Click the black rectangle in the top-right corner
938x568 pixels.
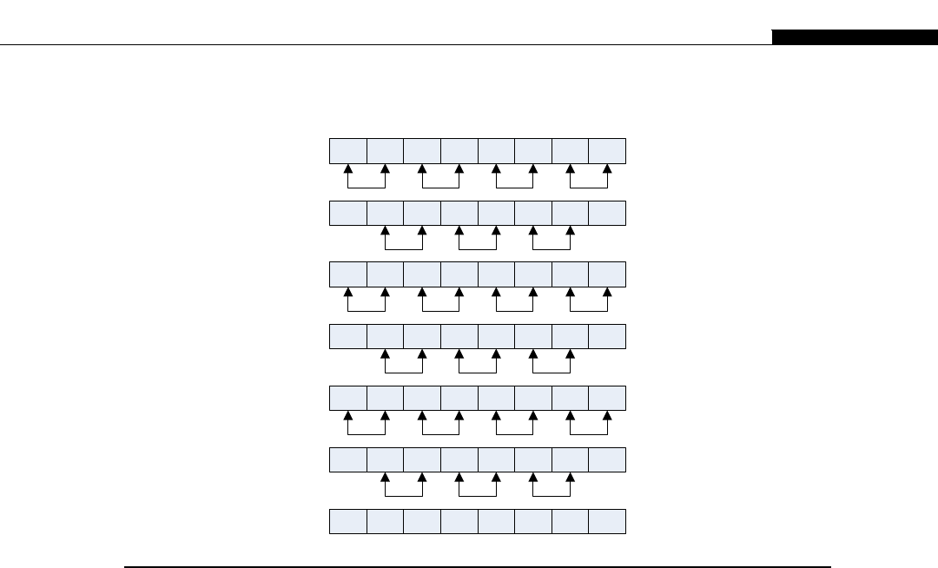855,37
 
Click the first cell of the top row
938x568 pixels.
347,151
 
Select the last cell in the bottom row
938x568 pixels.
607,522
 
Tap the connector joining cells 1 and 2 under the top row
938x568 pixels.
367,188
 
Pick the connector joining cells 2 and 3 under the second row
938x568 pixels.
403,249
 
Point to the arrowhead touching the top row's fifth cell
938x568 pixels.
496,169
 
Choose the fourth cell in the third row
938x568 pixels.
459,274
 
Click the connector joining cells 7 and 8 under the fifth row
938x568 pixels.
588,434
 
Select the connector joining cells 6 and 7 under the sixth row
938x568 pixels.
552,496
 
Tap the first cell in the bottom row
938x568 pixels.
347,522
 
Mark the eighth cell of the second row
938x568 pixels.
607,213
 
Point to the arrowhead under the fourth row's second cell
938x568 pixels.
385,355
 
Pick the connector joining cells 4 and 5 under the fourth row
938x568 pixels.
477,373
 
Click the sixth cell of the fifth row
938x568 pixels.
532,398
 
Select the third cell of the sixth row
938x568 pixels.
421,459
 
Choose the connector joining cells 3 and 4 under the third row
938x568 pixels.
440,311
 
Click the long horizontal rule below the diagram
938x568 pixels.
478,566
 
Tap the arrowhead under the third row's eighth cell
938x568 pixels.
607,294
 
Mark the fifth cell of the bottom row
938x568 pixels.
496,522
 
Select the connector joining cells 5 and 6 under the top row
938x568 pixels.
514,188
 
